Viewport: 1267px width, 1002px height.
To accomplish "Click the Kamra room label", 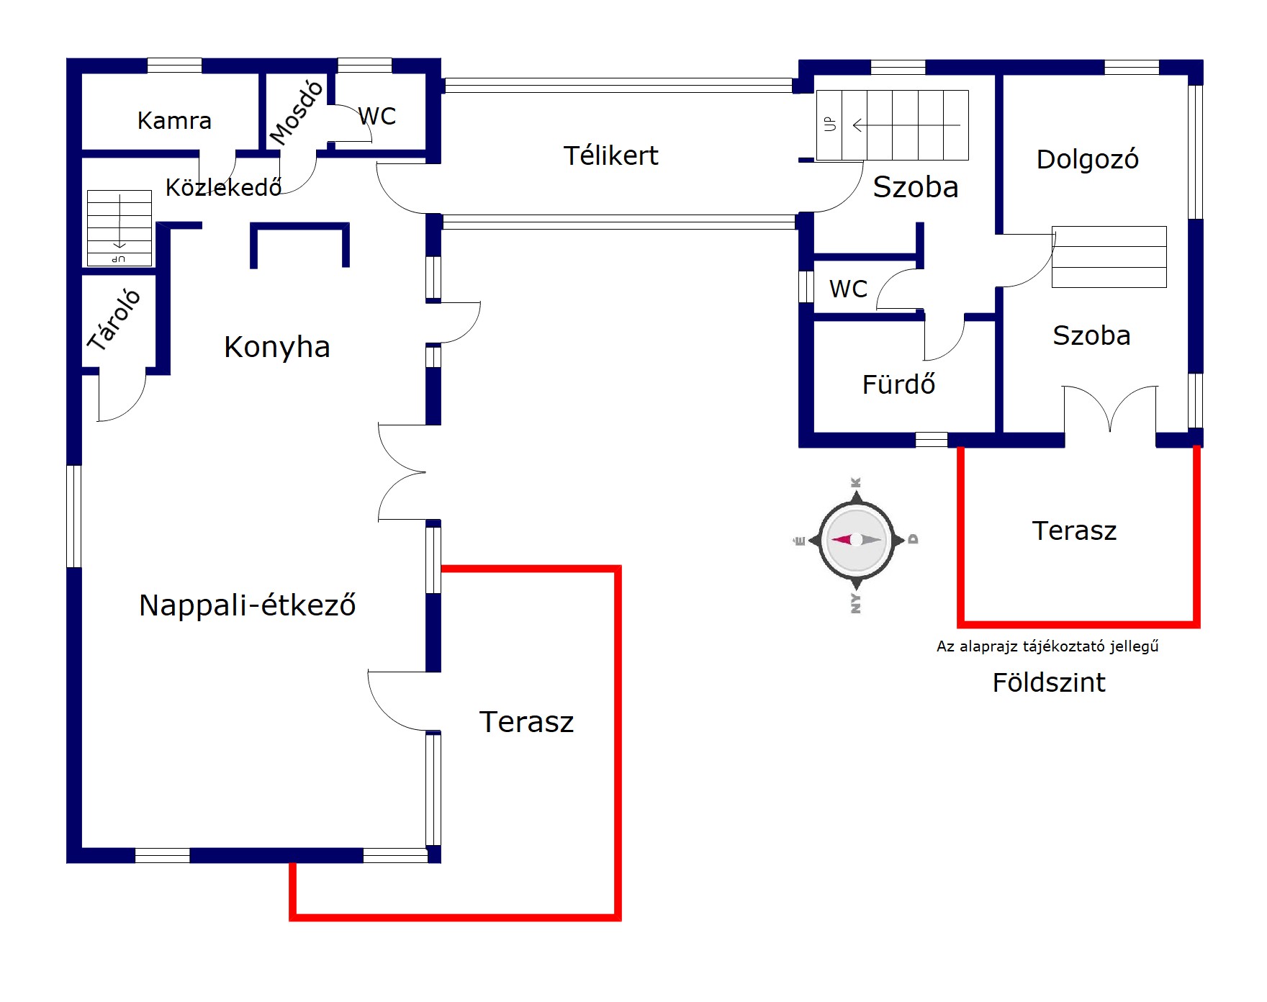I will [174, 120].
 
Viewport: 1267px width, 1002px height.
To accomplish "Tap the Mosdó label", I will [297, 112].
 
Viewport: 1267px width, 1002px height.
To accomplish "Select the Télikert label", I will [610, 155].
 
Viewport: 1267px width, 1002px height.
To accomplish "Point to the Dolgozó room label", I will [1087, 159].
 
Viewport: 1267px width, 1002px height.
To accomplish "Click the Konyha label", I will [276, 347].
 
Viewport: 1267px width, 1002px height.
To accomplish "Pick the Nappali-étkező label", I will [247, 605].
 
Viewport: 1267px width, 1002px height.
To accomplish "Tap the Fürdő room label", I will [898, 384].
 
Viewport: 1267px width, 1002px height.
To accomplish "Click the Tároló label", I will [114, 320].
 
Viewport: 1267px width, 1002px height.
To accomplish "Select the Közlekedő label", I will [223, 187].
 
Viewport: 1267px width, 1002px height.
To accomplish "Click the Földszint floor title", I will [1048, 682].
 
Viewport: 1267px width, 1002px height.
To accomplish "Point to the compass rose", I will [856, 540].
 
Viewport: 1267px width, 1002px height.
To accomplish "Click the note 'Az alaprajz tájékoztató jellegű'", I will [1047, 646].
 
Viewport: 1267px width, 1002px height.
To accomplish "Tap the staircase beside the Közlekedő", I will [120, 227].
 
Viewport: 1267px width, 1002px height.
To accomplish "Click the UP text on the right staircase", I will [830, 125].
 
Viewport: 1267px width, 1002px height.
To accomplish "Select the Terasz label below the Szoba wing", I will [1074, 531].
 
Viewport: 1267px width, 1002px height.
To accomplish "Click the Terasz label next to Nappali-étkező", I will [526, 722].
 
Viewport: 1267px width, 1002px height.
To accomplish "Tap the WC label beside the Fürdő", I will [848, 289].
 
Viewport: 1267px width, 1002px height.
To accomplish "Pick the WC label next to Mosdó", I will [377, 116].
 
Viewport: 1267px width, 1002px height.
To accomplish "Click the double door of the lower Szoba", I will [1110, 409].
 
